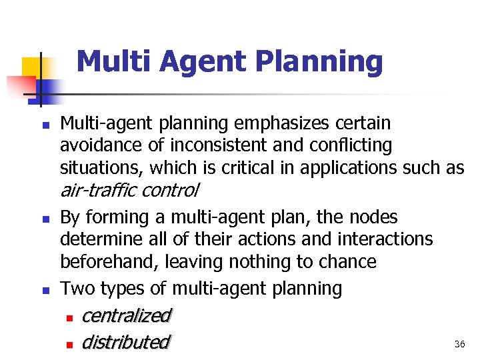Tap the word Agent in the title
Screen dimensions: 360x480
point(200,63)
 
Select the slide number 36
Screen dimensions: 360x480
point(459,344)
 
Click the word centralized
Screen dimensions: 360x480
point(126,315)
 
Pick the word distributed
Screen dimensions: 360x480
point(125,342)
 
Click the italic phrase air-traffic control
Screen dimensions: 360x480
point(129,191)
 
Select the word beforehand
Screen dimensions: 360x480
point(107,262)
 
